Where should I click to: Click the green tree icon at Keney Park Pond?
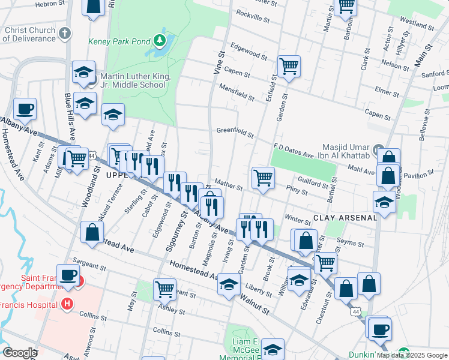point(160,41)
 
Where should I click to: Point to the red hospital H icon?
point(67,304)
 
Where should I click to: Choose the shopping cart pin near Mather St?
point(263,178)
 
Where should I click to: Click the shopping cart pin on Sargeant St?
point(164,289)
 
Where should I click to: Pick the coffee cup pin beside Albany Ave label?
point(25,109)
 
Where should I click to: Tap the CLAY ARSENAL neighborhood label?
point(344,218)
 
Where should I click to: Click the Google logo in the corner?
point(20,353)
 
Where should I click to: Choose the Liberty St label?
point(259,289)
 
